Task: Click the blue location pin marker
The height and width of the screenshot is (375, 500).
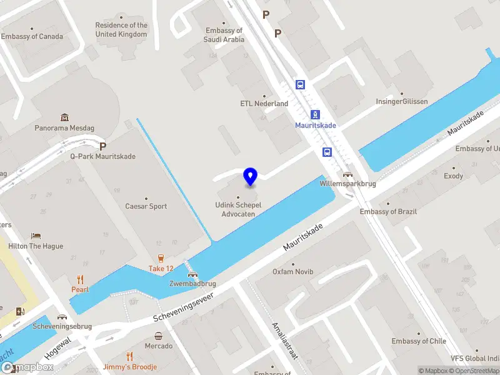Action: click(250, 177)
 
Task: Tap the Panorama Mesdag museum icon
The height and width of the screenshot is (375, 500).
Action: click(64, 117)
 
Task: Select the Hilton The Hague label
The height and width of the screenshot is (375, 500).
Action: click(36, 246)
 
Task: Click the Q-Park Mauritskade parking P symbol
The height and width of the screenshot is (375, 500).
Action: click(102, 146)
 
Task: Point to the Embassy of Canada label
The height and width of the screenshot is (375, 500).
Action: click(32, 36)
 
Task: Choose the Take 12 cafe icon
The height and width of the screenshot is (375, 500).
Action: click(161, 257)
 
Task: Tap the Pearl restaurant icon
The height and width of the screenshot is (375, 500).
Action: click(80, 279)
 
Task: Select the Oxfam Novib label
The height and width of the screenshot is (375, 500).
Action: click(293, 272)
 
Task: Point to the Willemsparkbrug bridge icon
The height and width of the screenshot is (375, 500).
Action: click(347, 175)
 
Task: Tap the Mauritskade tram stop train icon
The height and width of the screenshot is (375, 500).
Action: click(316, 114)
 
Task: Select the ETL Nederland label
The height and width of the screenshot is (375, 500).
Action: click(264, 104)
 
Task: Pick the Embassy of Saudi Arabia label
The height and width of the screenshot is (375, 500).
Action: click(224, 35)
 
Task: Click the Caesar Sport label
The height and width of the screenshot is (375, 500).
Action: click(146, 206)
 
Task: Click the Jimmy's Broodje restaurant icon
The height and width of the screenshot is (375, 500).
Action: click(129, 356)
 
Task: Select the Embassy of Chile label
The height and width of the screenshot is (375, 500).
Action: click(419, 341)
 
